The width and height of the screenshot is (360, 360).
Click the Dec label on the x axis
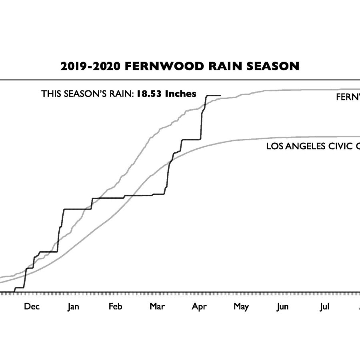coord(32,307)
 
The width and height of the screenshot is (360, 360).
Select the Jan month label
coord(73,307)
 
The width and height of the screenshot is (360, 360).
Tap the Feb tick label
coord(115,307)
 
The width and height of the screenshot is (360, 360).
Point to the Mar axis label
coord(157,307)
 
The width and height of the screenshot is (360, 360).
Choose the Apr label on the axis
coord(199,307)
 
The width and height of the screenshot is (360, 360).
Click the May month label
coord(241,307)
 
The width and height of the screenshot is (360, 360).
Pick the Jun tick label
coord(283,307)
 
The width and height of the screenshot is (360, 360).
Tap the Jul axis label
coord(325,307)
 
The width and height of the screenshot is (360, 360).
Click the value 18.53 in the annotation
coord(146,94)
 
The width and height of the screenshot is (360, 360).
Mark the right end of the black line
coord(220,96)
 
